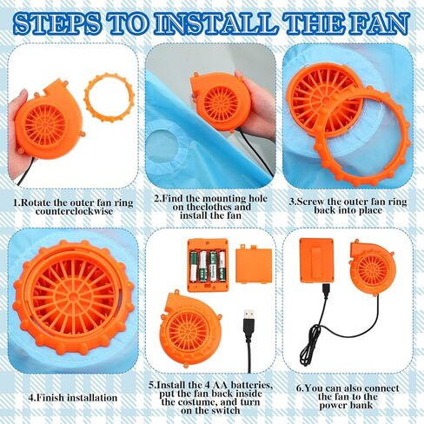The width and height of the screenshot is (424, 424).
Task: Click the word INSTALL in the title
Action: coord(215,23)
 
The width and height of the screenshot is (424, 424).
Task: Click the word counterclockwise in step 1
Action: coord(74,211)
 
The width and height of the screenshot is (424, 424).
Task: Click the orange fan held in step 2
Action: coord(221,103)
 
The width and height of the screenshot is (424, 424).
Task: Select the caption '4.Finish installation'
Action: coord(73,397)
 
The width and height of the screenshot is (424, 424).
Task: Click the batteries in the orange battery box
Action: coord(208,266)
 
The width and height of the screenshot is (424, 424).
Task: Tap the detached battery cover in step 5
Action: coord(254,264)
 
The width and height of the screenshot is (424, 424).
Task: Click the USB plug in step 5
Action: coord(248,321)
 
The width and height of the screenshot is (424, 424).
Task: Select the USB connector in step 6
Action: coord(326,290)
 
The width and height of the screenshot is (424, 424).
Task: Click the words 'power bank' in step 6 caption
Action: coord(346,405)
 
